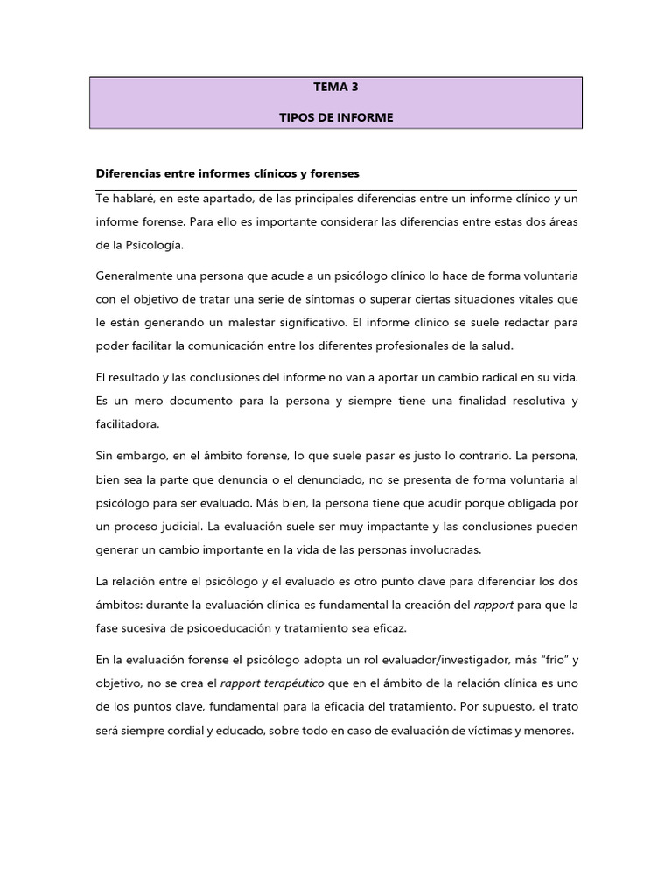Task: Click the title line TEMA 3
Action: [336, 88]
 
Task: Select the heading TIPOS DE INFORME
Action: [336, 118]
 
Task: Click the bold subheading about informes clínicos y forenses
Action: [227, 173]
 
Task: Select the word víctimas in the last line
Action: [486, 731]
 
